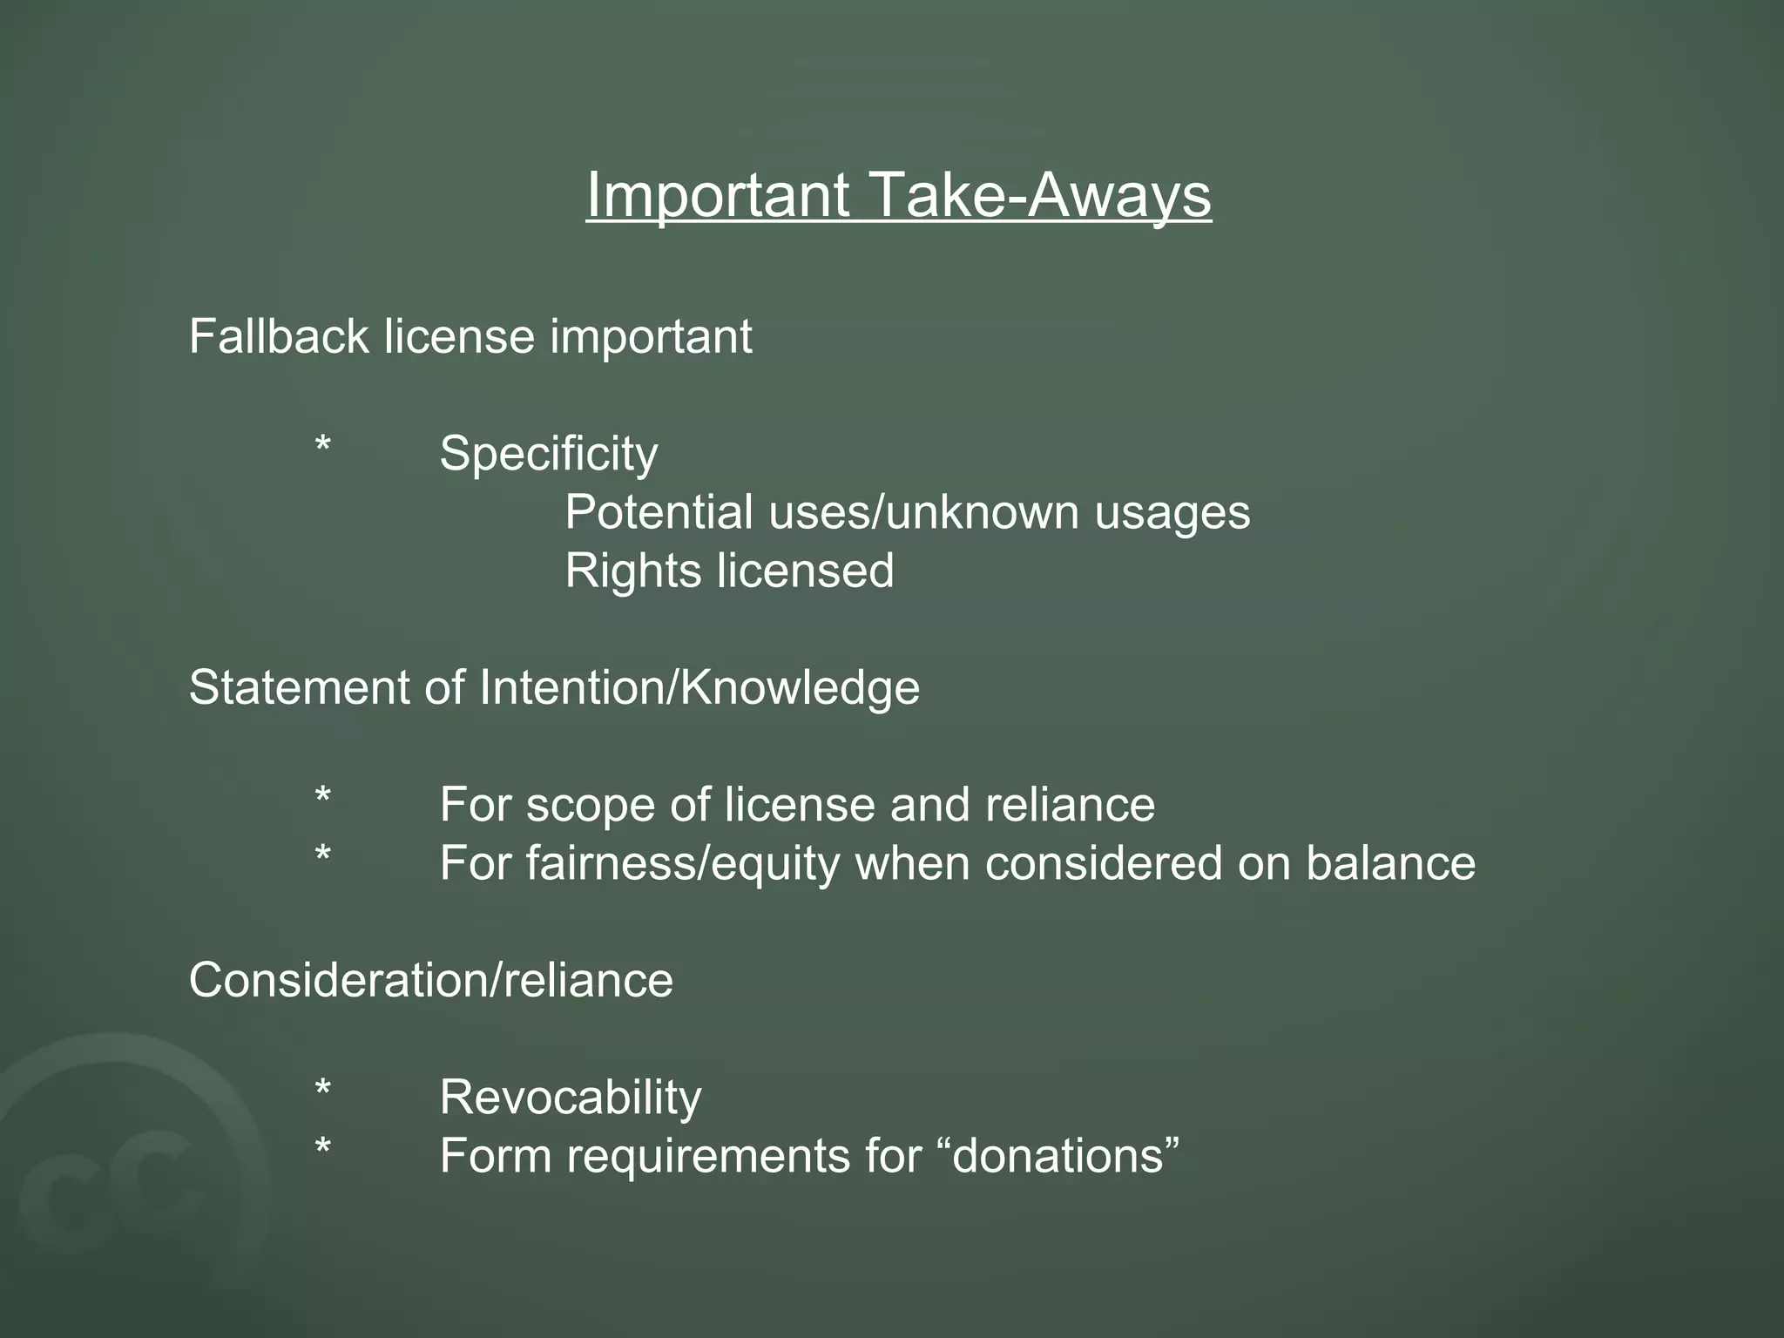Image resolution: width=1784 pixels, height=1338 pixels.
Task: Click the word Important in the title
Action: pyautogui.click(x=718, y=194)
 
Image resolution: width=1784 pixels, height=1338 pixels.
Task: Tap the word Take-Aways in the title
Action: pyautogui.click(x=1040, y=194)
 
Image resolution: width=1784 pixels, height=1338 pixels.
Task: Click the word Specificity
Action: pyautogui.click(x=549, y=454)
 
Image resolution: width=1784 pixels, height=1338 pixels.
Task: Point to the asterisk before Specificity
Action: pyautogui.click(x=323, y=448)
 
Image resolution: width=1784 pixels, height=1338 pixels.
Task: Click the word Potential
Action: pyautogui.click(x=659, y=512)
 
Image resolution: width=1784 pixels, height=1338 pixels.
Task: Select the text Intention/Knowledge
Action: pyautogui.click(x=699, y=687)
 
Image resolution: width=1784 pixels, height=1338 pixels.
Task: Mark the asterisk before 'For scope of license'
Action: pyautogui.click(x=323, y=798)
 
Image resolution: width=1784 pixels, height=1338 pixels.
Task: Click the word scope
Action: pyautogui.click(x=590, y=805)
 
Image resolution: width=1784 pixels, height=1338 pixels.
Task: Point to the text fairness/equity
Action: pyautogui.click(x=682, y=863)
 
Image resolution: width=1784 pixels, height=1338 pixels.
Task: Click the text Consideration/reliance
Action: pyautogui.click(x=431, y=980)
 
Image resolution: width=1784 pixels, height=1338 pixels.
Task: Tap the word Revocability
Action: pyautogui.click(x=571, y=1097)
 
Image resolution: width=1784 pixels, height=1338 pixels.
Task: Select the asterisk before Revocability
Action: pyautogui.click(x=323, y=1091)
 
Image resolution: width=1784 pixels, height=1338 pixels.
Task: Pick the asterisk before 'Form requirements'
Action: pyautogui.click(x=323, y=1149)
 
